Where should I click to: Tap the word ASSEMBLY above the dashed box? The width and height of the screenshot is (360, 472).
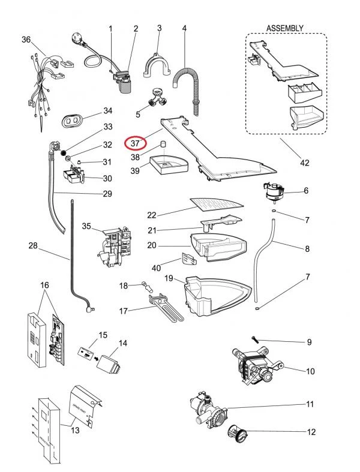(284, 28)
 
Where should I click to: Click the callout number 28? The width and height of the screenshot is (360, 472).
(33, 245)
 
